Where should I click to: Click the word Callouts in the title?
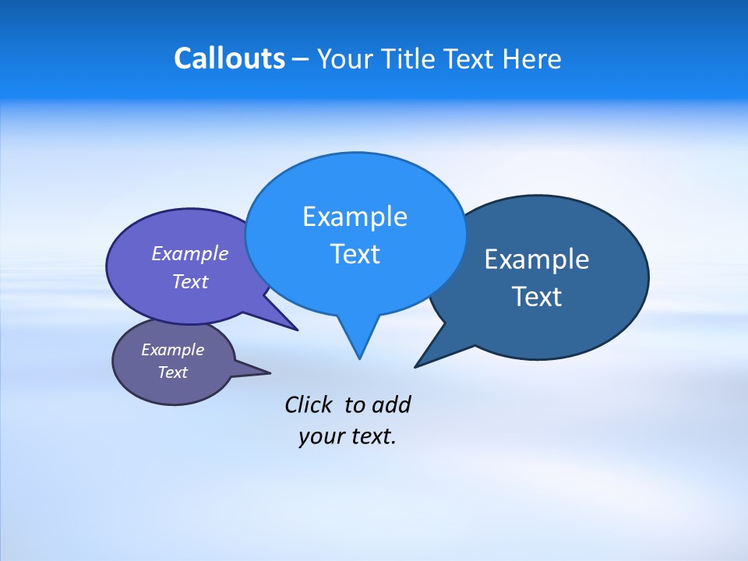229,59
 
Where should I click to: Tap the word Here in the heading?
532,59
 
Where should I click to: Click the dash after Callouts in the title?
301,60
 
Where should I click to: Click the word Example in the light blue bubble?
355,217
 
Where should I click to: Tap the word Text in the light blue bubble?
355,254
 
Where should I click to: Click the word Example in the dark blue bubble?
537,259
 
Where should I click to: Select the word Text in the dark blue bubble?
537,297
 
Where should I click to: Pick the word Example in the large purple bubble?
190,253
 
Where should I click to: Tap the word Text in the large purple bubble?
190,281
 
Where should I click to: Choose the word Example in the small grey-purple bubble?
172,350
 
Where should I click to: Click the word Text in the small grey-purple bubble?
172,372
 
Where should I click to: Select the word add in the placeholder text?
390,404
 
